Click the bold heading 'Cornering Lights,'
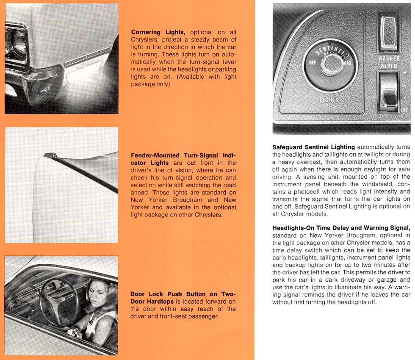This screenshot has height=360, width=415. point(158,32)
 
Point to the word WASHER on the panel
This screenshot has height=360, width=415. point(388,59)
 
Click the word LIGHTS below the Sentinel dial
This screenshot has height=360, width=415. point(329,100)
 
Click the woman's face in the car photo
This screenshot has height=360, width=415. point(98,296)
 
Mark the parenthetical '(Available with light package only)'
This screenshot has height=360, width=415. point(183,80)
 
